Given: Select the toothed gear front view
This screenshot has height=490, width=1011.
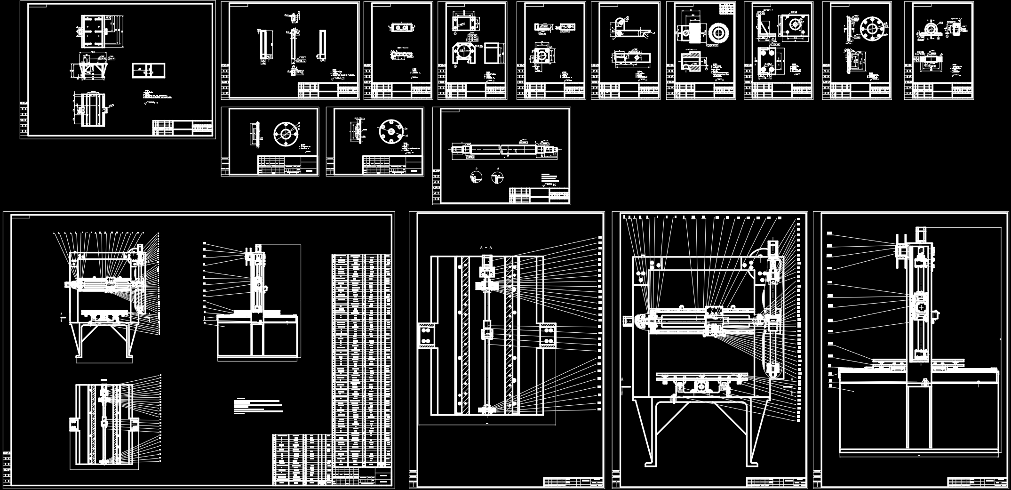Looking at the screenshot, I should (x=717, y=32).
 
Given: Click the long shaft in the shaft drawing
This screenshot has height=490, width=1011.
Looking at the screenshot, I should (x=504, y=149).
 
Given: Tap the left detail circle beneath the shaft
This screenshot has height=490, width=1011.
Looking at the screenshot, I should (x=476, y=177).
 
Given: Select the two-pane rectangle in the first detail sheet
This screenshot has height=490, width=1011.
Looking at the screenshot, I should (x=149, y=71).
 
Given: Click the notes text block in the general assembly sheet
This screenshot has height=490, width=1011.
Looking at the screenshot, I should (x=258, y=406).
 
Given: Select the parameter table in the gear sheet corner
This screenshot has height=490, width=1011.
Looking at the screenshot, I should (x=727, y=9).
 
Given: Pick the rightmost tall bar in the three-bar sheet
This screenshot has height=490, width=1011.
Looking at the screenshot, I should (x=322, y=45).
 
